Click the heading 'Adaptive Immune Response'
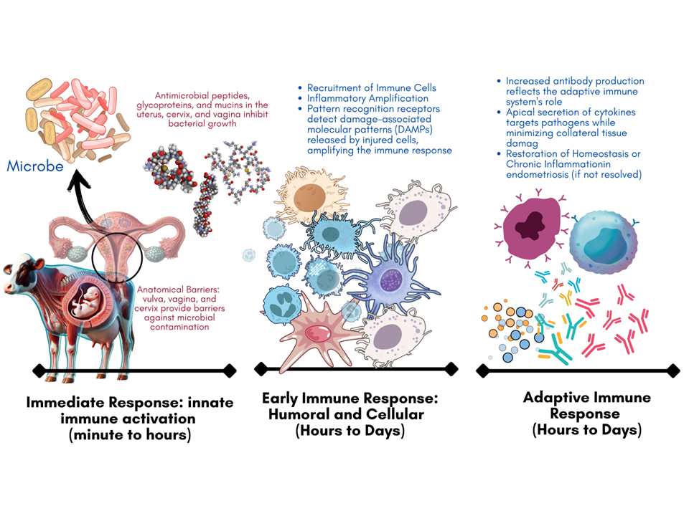pos(587,406)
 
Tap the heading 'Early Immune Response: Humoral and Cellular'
pos(350,406)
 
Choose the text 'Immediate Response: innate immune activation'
pos(129,411)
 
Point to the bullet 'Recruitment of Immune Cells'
pos(371,88)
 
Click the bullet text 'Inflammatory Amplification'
pos(367,98)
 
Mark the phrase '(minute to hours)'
pos(129,434)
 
